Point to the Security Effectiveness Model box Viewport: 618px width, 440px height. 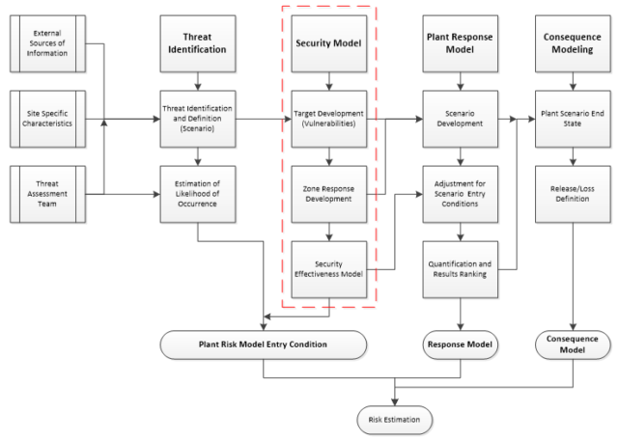pyautogui.click(x=329, y=267)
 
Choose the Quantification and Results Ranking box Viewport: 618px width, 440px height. pyautogui.click(x=461, y=267)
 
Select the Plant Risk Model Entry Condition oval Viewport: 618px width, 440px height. pyautogui.click(x=263, y=344)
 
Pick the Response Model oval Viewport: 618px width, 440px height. pyautogui.click(x=461, y=344)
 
